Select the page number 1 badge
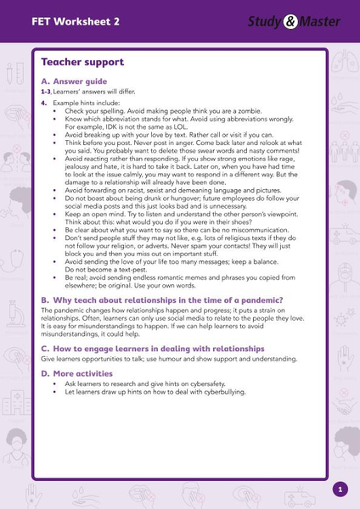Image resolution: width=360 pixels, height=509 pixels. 340,489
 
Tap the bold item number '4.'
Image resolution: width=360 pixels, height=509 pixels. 44,102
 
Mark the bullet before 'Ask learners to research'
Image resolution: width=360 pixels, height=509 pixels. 55,383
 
